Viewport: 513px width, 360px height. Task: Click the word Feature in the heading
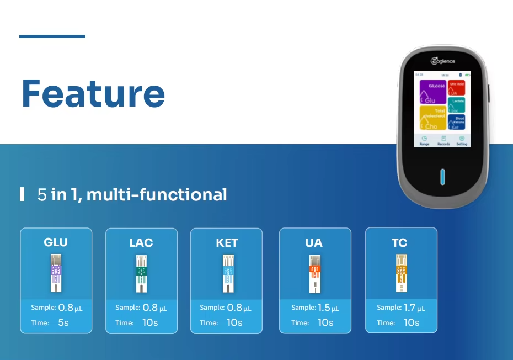click(x=93, y=93)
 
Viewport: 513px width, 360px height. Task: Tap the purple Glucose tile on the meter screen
click(x=432, y=92)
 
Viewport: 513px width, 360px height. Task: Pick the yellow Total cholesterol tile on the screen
click(x=432, y=118)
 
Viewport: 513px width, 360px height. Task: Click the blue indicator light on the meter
click(x=442, y=177)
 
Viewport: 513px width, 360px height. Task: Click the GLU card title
click(x=56, y=242)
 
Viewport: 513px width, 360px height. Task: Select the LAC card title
click(x=141, y=243)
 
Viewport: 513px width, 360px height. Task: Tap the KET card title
click(x=227, y=243)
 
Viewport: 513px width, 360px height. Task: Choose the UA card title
click(x=313, y=243)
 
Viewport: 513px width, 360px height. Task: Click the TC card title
click(x=399, y=243)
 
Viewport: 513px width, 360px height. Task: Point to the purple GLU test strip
click(x=56, y=273)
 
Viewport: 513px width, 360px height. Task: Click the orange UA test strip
click(x=313, y=274)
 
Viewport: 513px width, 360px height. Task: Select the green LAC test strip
click(x=141, y=274)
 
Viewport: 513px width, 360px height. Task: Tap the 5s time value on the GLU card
click(x=63, y=322)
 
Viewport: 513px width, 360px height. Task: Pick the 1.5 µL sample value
click(x=327, y=308)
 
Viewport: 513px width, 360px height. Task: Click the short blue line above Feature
click(x=52, y=36)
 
